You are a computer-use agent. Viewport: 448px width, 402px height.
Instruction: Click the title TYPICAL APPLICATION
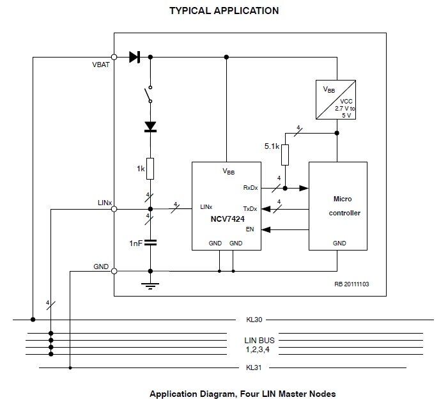point(223,11)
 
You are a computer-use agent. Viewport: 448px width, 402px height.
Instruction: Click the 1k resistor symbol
point(150,169)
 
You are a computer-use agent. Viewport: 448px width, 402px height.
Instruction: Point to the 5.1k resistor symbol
point(285,155)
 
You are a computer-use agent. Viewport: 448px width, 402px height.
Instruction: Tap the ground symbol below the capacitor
point(150,285)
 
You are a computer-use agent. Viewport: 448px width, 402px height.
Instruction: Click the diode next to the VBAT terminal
point(134,57)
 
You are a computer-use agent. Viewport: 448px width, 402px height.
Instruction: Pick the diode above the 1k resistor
point(150,127)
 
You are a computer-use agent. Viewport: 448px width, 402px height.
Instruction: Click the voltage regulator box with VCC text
point(336,100)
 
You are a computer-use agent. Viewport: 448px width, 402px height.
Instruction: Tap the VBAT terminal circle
point(114,57)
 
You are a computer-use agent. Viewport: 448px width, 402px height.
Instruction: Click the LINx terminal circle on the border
point(114,208)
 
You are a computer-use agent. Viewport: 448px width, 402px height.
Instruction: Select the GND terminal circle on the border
point(114,272)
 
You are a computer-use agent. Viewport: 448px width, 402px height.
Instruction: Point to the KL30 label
point(254,319)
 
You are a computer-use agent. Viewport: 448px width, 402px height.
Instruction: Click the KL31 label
point(254,368)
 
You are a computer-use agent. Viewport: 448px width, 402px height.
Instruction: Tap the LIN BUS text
point(259,340)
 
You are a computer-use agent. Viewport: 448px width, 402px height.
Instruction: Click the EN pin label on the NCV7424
point(249,229)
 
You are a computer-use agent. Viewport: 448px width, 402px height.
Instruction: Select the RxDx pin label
point(250,188)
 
